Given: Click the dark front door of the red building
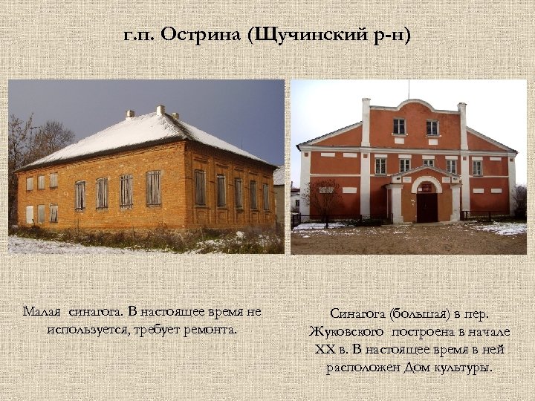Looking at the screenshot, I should click(x=427, y=207).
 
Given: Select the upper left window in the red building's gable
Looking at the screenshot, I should click(x=399, y=126).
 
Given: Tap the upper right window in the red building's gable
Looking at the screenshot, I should click(x=432, y=127).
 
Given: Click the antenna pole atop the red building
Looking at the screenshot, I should click(x=407, y=90).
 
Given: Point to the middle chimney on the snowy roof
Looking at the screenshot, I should click(x=160, y=110).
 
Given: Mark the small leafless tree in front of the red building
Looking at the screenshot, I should click(x=324, y=198).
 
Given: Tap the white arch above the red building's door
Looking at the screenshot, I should click(x=427, y=180).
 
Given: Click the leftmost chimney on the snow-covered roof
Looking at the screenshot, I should click(x=130, y=114).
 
